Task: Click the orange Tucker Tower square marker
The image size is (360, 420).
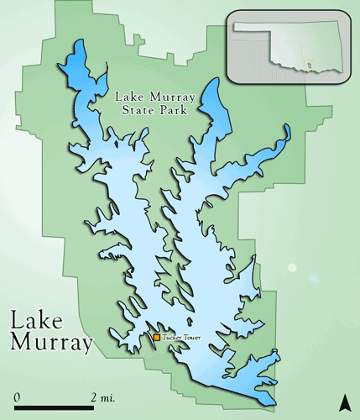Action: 156,338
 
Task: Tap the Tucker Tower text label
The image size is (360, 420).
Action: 182,338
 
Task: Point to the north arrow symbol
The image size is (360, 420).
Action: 343,400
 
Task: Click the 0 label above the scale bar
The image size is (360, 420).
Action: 17,396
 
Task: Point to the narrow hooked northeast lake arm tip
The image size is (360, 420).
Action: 287,129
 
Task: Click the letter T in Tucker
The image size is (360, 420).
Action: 164,338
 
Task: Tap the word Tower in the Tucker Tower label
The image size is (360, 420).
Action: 192,338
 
